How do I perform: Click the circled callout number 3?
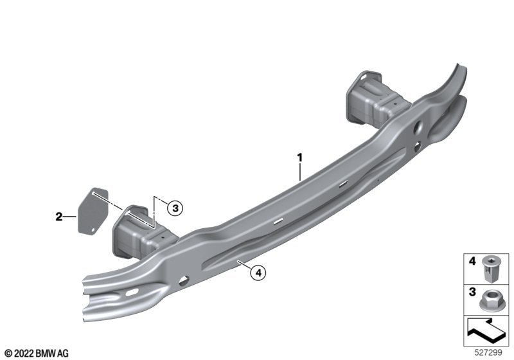(175, 208)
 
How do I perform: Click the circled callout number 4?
(258, 273)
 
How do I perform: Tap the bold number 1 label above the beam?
(299, 157)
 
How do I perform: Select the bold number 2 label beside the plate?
(58, 217)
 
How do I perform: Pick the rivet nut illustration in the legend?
(490, 269)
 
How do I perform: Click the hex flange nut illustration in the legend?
(491, 300)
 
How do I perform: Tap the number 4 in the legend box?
(472, 261)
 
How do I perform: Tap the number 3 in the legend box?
(472, 292)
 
